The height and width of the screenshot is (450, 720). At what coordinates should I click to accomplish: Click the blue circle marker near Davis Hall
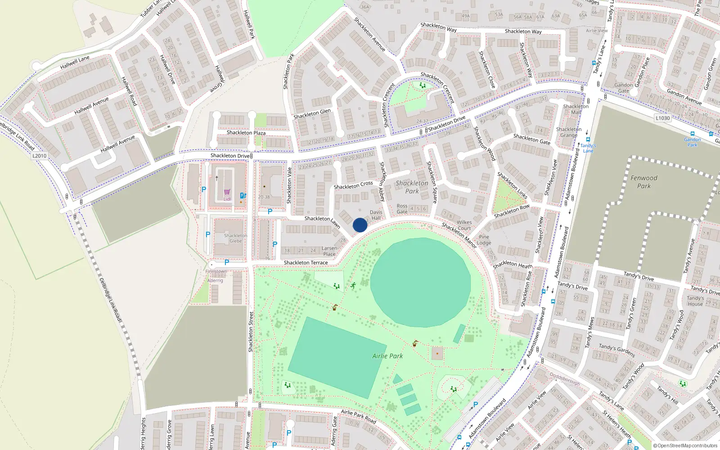click(360, 225)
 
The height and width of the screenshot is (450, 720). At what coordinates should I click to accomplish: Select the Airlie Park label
click(387, 356)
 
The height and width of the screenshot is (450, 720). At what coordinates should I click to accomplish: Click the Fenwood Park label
click(643, 182)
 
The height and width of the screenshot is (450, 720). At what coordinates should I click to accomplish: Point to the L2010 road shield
click(39, 156)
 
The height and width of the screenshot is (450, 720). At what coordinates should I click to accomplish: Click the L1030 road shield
click(662, 118)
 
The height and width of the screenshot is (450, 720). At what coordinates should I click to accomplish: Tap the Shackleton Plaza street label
click(246, 133)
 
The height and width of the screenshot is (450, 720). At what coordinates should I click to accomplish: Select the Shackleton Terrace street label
click(306, 263)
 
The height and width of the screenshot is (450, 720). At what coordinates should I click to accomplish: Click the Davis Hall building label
click(376, 215)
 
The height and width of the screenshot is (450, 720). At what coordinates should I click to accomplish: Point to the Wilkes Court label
click(464, 225)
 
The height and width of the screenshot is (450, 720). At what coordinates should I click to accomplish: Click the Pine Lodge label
click(484, 240)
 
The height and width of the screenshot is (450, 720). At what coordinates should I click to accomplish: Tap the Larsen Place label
click(329, 251)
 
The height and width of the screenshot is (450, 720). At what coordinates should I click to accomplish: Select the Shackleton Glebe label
click(236, 238)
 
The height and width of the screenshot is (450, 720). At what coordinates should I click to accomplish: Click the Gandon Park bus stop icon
click(692, 134)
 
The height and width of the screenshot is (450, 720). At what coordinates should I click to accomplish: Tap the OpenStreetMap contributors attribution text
click(685, 445)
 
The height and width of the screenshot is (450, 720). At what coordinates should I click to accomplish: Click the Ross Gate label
click(402, 209)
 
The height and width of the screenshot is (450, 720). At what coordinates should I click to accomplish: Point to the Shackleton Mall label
click(576, 109)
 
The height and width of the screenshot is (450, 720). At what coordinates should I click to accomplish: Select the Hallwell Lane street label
click(75, 63)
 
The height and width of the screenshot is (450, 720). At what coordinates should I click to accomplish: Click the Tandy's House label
click(695, 301)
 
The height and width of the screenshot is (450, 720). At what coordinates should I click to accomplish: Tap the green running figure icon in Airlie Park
click(353, 285)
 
